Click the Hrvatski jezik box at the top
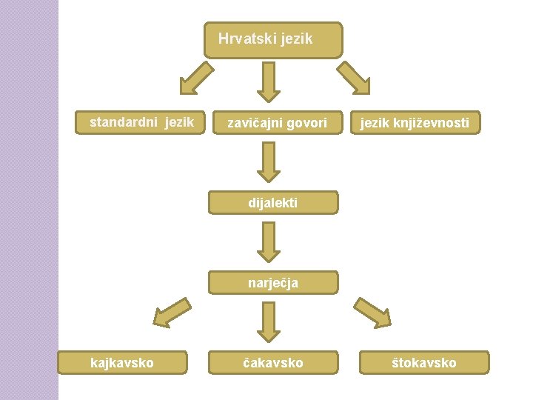(x=273, y=40)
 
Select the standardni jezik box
(x=141, y=122)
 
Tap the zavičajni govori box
(x=276, y=123)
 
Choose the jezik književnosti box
(x=415, y=123)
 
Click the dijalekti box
(x=272, y=202)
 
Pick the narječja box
(x=272, y=282)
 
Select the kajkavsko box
(x=122, y=362)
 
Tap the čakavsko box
(x=272, y=362)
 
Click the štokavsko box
(x=424, y=362)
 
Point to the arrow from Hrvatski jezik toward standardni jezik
(x=196, y=79)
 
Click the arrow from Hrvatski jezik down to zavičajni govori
(x=268, y=81)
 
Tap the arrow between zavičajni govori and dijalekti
(x=268, y=161)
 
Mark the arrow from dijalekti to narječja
(x=268, y=241)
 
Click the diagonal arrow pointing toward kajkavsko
(x=171, y=312)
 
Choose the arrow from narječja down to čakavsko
(x=268, y=321)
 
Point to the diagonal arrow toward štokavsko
(x=372, y=313)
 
